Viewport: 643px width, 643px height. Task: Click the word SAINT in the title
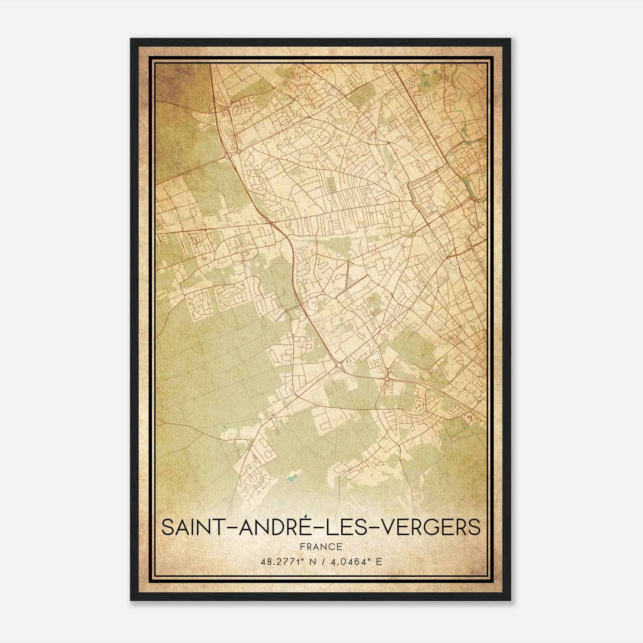(191, 528)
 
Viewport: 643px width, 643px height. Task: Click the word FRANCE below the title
(321, 547)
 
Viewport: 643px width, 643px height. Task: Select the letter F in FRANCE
(301, 547)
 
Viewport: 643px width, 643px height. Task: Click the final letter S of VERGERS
(475, 528)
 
